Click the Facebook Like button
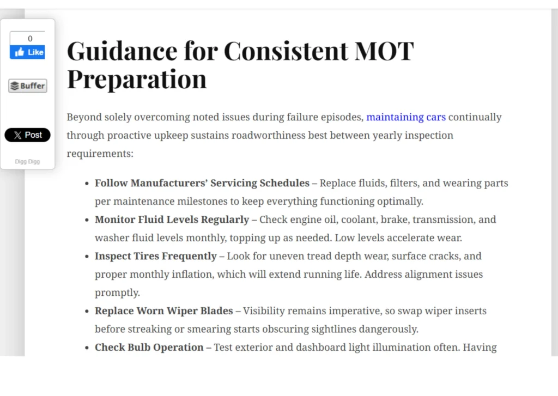27,52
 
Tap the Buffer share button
28,86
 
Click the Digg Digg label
27,162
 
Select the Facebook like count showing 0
30,39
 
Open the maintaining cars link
405,117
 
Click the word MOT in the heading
384,51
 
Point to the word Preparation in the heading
137,78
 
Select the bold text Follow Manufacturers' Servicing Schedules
202,183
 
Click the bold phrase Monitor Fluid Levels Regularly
172,220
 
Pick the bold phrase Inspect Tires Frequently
156,256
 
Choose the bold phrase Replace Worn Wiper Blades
164,311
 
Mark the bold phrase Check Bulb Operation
149,348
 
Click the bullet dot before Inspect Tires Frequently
87,257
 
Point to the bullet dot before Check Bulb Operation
87,348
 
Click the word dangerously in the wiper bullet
391,329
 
